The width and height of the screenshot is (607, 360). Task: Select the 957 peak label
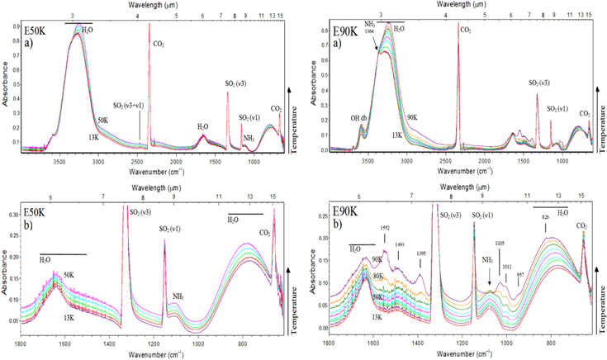click(x=519, y=272)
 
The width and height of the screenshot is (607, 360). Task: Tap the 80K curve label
click(x=378, y=276)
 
